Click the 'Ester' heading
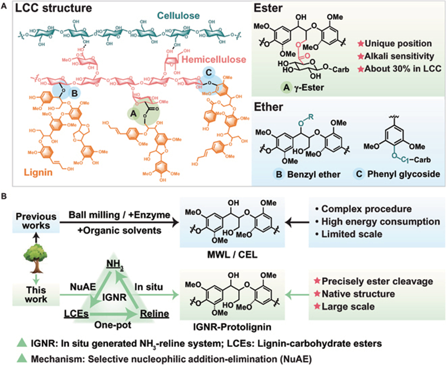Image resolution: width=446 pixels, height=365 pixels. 273,11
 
